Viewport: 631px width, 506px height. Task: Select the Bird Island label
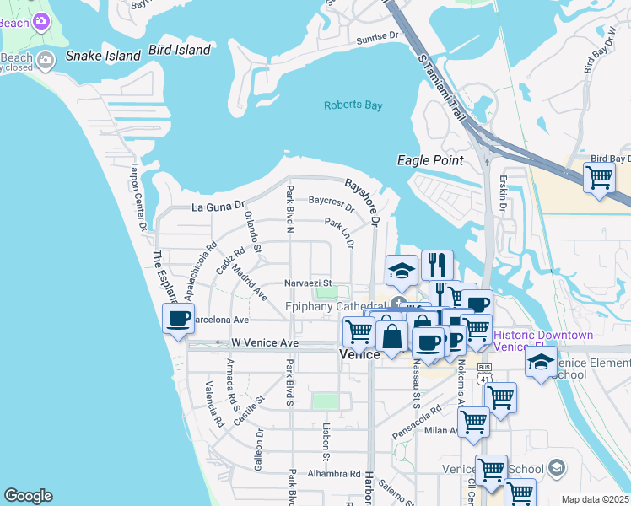[x=179, y=50]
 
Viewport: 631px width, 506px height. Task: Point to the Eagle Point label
[x=430, y=160]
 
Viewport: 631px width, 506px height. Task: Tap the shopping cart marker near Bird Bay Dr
[x=599, y=178]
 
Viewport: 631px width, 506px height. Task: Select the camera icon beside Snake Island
[x=46, y=59]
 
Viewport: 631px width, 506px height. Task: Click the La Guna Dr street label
[x=218, y=205]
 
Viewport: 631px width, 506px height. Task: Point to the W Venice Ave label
[x=265, y=343]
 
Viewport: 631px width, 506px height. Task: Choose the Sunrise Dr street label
[x=376, y=37]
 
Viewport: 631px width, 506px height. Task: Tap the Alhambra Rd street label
[x=328, y=473]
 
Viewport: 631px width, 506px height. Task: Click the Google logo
[x=28, y=496]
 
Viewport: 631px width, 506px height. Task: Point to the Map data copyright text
[x=596, y=499]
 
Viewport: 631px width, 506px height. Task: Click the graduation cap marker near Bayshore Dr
[x=402, y=270]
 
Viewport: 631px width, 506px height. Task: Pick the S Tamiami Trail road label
[x=440, y=83]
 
